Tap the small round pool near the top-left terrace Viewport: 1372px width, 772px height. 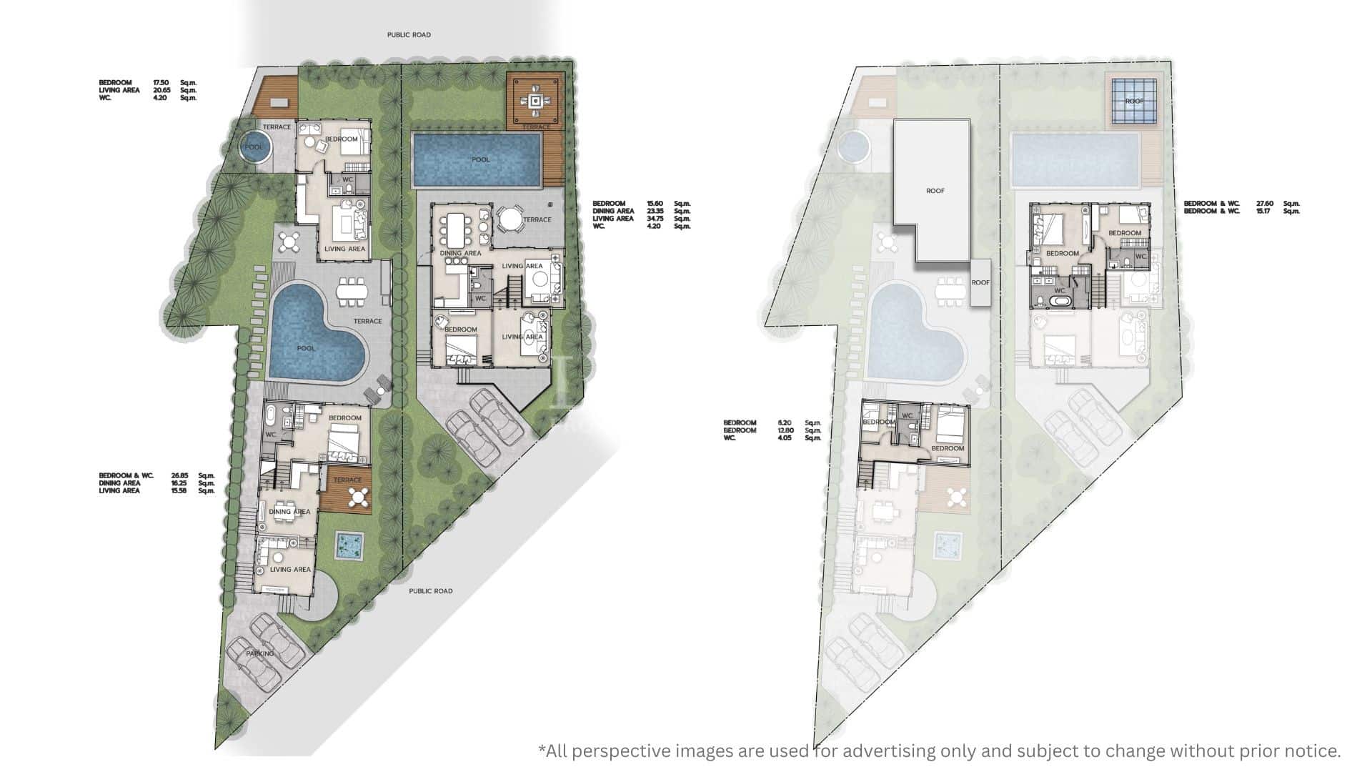254,147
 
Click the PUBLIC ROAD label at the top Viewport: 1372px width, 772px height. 409,34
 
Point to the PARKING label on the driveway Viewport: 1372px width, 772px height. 260,653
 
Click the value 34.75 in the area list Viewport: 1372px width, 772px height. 654,219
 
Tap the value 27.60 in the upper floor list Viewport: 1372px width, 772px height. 1266,204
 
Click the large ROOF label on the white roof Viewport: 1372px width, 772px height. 935,191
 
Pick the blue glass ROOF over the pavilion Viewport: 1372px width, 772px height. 1134,102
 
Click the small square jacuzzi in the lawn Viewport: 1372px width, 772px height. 348,547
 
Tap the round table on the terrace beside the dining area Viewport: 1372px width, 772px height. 509,219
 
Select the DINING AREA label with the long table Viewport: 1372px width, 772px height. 460,253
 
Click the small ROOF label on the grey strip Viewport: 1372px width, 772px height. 980,282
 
